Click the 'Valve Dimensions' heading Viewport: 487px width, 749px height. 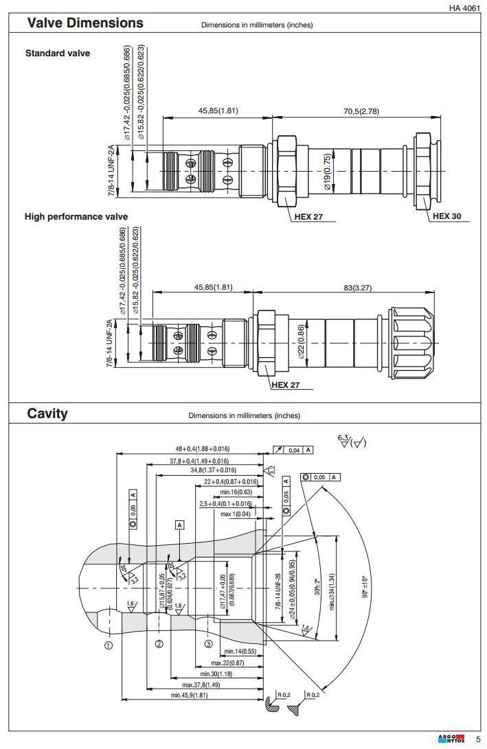pos(85,23)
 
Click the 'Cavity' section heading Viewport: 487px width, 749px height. pos(47,413)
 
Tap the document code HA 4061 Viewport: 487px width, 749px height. pos(464,8)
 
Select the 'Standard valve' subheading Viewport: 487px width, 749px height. pos(58,53)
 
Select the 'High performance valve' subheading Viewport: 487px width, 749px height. pos(76,217)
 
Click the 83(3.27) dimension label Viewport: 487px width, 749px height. pos(357,288)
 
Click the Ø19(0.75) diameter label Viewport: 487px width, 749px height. pos(328,170)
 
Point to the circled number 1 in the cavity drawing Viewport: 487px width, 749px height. pos(109,645)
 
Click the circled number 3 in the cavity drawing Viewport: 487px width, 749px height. pos(209,645)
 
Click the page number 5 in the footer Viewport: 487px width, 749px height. pos(478,739)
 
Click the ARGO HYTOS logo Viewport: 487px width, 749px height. pos(451,739)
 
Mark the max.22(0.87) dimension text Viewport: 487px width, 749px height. pos(227,662)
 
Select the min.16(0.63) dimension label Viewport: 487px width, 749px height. pos(236,492)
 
